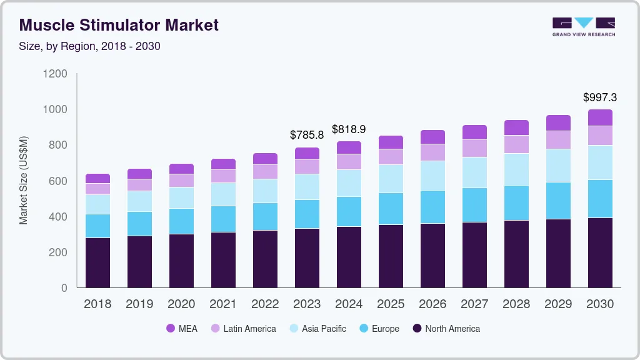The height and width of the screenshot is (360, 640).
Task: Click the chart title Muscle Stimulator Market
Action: [119, 26]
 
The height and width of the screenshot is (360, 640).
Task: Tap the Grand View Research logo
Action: [583, 26]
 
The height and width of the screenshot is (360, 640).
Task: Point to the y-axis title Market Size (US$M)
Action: [24, 180]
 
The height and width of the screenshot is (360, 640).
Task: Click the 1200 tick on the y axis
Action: [55, 74]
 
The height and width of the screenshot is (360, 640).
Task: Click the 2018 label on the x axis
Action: [97, 304]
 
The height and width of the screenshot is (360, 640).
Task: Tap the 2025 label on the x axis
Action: [391, 304]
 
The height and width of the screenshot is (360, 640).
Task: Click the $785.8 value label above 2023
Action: [307, 134]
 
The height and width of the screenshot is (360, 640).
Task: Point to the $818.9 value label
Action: [349, 129]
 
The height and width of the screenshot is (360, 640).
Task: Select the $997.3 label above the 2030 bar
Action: [600, 97]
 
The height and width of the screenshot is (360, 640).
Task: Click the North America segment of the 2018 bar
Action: [97, 262]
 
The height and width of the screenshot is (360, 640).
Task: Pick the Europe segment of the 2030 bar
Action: [600, 199]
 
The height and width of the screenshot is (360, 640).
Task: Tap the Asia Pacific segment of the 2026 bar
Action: [432, 176]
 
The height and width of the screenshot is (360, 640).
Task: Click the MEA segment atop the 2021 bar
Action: [223, 164]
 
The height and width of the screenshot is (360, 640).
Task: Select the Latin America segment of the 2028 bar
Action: [516, 144]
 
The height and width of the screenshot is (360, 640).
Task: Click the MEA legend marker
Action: [171, 329]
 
